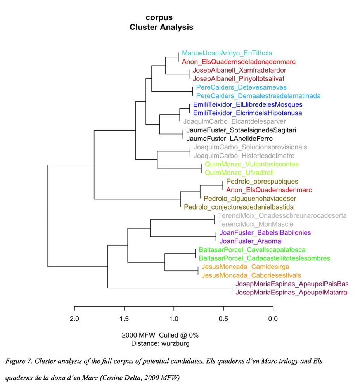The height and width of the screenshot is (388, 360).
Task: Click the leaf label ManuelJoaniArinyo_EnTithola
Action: tap(227, 53)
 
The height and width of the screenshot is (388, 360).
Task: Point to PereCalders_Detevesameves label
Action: tap(241, 87)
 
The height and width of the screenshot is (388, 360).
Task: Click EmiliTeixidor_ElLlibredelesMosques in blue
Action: tap(247, 104)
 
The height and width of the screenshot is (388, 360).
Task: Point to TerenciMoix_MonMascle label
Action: tap(255, 224)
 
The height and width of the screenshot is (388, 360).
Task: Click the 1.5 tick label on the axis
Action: tap(124, 319)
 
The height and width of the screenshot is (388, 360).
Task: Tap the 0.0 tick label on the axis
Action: tap(273, 319)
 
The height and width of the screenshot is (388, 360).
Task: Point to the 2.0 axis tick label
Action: tap(74, 319)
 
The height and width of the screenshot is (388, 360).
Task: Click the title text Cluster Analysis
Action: tap(161, 28)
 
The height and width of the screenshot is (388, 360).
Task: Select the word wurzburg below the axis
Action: tap(174, 343)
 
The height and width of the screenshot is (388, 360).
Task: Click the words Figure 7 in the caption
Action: tap(18, 361)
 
